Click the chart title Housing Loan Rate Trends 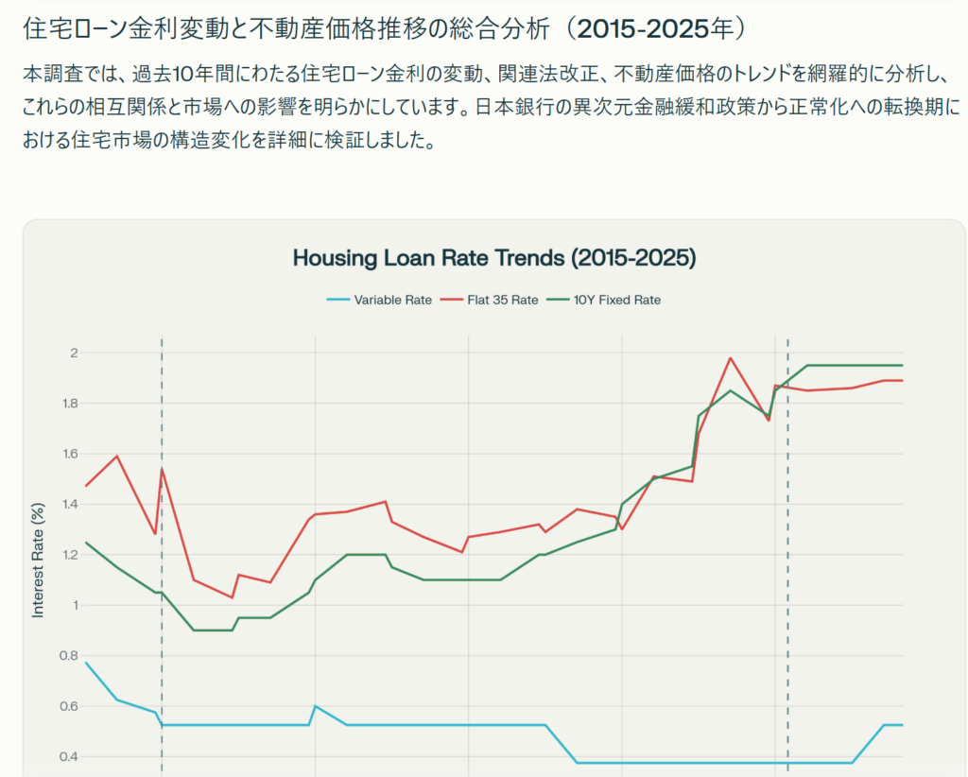(x=493, y=257)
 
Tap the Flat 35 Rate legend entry (x=502, y=300)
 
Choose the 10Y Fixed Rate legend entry (x=616, y=300)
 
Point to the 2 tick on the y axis (x=72, y=354)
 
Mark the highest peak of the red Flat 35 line (x=730, y=358)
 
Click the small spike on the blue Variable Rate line (x=315, y=706)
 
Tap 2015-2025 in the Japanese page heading (x=644, y=28)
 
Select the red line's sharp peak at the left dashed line (x=162, y=469)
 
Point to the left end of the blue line (x=86, y=662)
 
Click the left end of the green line (x=86, y=543)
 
